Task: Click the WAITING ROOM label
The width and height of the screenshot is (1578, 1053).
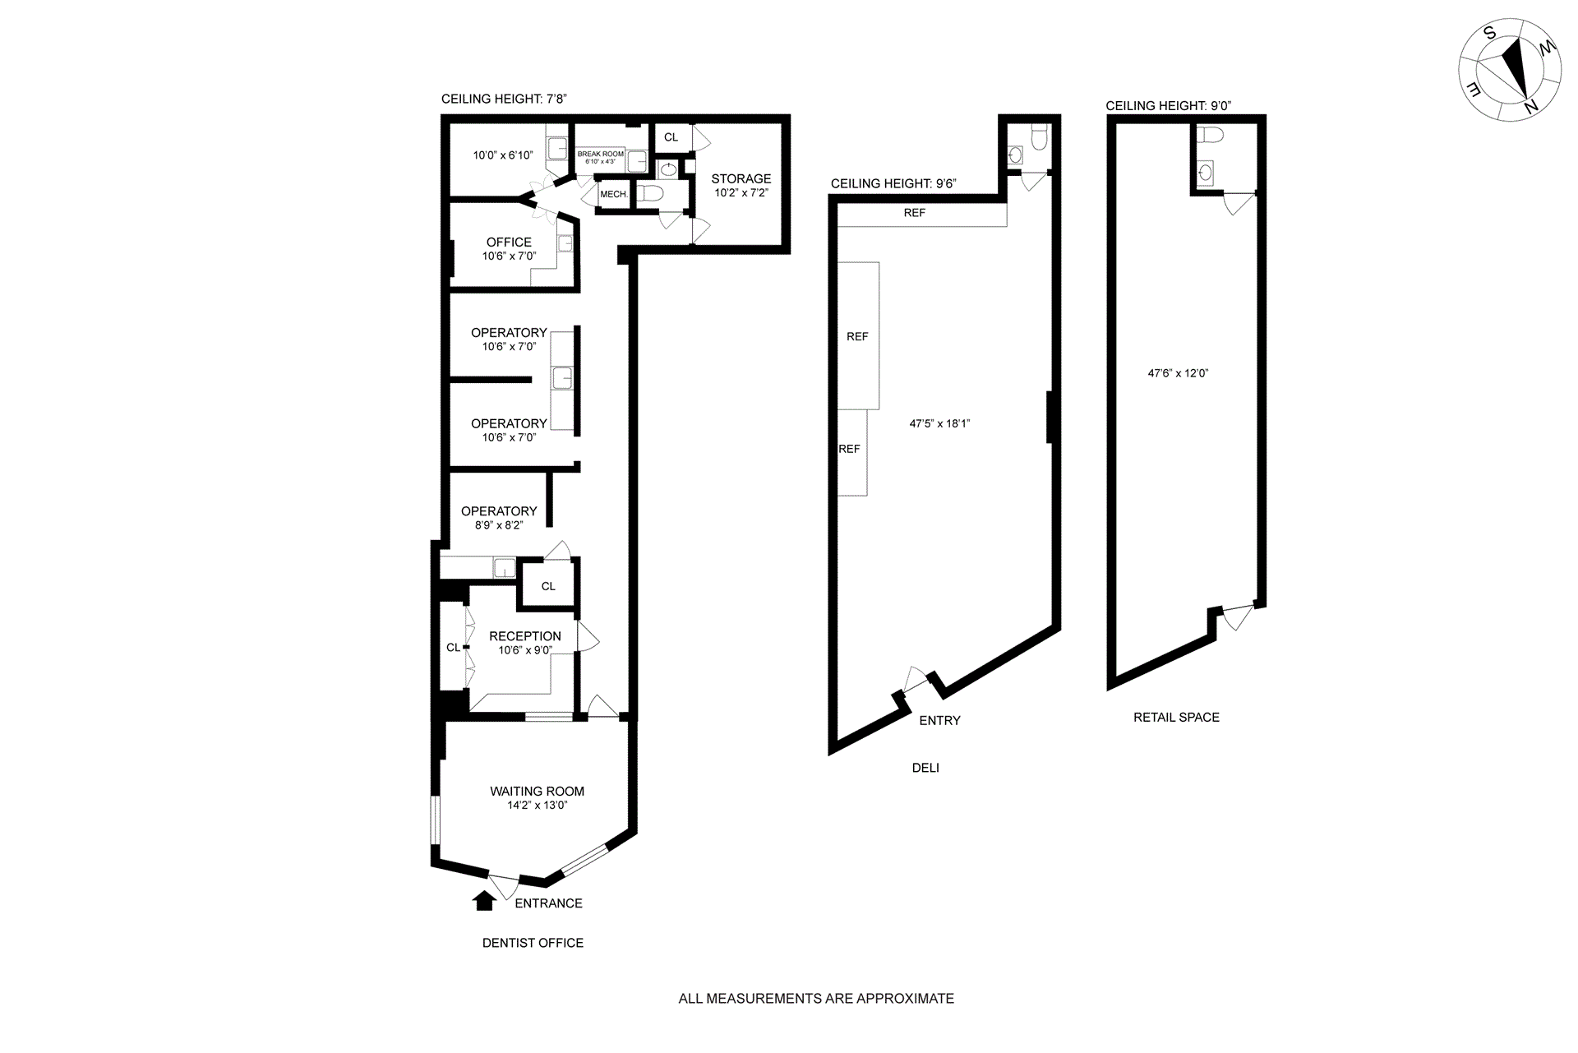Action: pyautogui.click(x=538, y=792)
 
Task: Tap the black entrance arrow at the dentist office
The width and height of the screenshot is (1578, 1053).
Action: pyautogui.click(x=484, y=901)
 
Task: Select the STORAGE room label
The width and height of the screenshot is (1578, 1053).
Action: pyautogui.click(x=741, y=178)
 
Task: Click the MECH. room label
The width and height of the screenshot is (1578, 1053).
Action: pyautogui.click(x=614, y=195)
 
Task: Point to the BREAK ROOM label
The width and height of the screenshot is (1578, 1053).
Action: pyautogui.click(x=601, y=154)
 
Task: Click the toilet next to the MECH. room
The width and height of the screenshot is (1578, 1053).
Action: pyautogui.click(x=650, y=194)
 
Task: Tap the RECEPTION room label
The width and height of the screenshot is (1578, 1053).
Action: pyautogui.click(x=525, y=636)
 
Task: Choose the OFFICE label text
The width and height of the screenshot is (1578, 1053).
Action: pyautogui.click(x=509, y=242)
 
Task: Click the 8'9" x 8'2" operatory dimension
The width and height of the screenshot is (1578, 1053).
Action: pyautogui.click(x=499, y=525)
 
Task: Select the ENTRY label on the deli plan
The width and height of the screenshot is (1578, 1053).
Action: pyautogui.click(x=939, y=721)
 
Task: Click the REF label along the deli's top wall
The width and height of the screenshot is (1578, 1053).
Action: pyautogui.click(x=915, y=213)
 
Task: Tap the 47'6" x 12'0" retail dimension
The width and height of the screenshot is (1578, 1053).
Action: pyautogui.click(x=1178, y=373)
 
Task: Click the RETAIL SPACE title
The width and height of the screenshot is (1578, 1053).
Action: pyautogui.click(x=1176, y=718)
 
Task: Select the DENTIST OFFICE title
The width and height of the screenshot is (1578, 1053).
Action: pyautogui.click(x=533, y=944)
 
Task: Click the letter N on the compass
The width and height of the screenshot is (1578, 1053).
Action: pyautogui.click(x=1530, y=107)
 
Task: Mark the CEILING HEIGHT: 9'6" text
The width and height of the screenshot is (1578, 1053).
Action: pyautogui.click(x=893, y=184)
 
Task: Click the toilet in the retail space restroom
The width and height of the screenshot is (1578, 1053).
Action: pyautogui.click(x=1210, y=135)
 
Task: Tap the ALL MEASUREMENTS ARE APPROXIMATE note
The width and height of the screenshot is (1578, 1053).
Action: pyautogui.click(x=816, y=999)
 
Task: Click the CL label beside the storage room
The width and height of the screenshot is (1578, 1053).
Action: pyautogui.click(x=671, y=137)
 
